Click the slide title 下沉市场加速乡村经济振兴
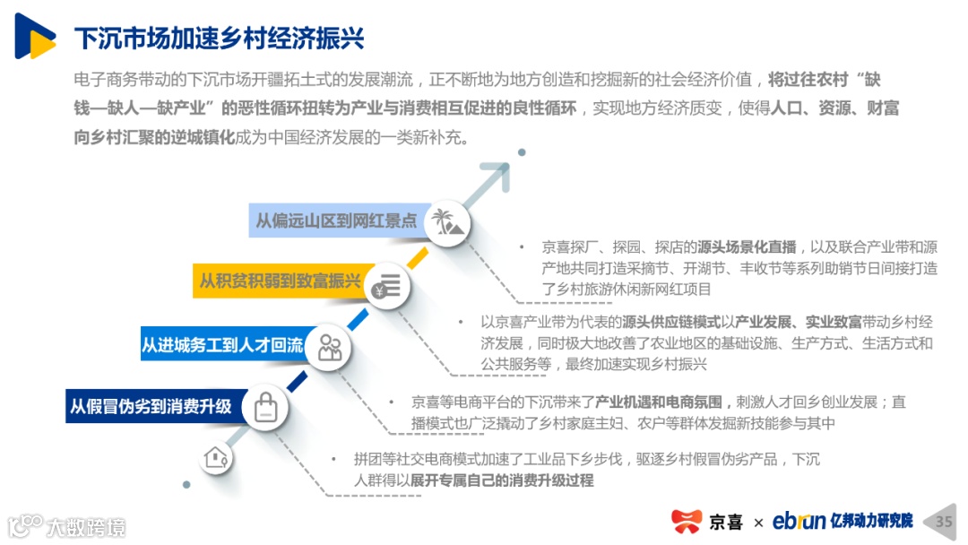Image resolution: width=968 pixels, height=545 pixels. [219, 39]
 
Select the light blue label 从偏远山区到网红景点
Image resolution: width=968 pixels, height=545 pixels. [335, 221]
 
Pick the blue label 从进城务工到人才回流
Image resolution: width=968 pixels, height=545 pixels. [221, 345]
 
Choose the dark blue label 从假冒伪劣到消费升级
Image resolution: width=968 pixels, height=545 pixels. [151, 406]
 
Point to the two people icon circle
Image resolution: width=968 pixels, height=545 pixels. [329, 347]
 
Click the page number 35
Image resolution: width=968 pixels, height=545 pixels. [944, 521]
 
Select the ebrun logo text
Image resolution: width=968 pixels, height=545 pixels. [799, 521]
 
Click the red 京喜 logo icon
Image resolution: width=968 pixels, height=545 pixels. [687, 521]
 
